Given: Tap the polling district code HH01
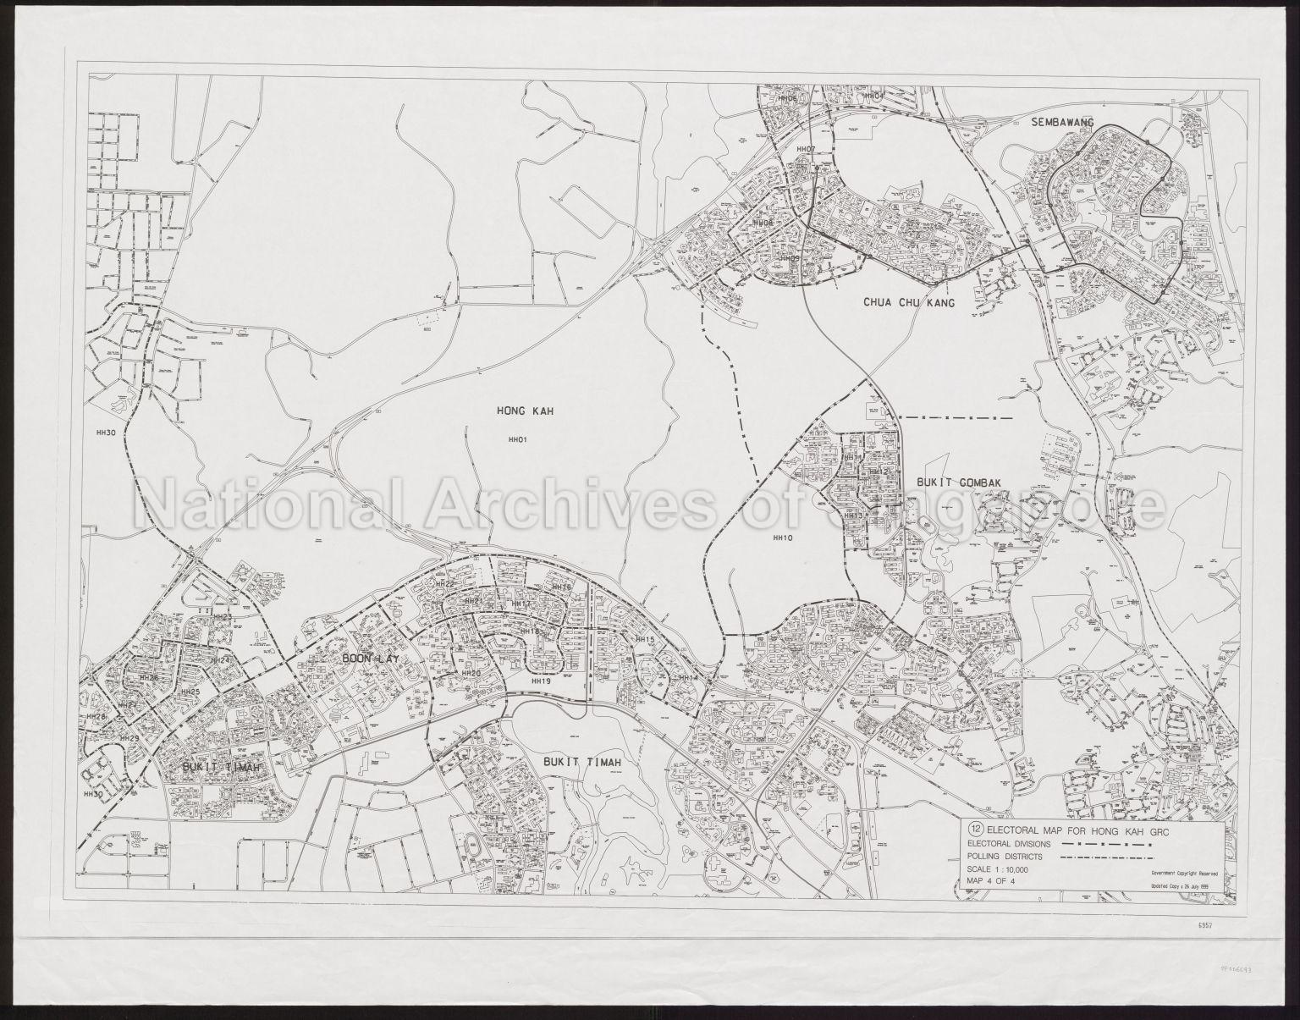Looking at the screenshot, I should [517, 440].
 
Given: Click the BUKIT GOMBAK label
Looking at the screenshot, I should [959, 482].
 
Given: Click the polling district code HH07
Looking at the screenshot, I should [805, 150].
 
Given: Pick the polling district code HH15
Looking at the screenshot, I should [645, 640].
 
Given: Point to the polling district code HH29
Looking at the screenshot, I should [129, 739].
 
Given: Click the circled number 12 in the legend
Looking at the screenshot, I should [976, 829].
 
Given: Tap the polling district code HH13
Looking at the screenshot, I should [852, 516].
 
